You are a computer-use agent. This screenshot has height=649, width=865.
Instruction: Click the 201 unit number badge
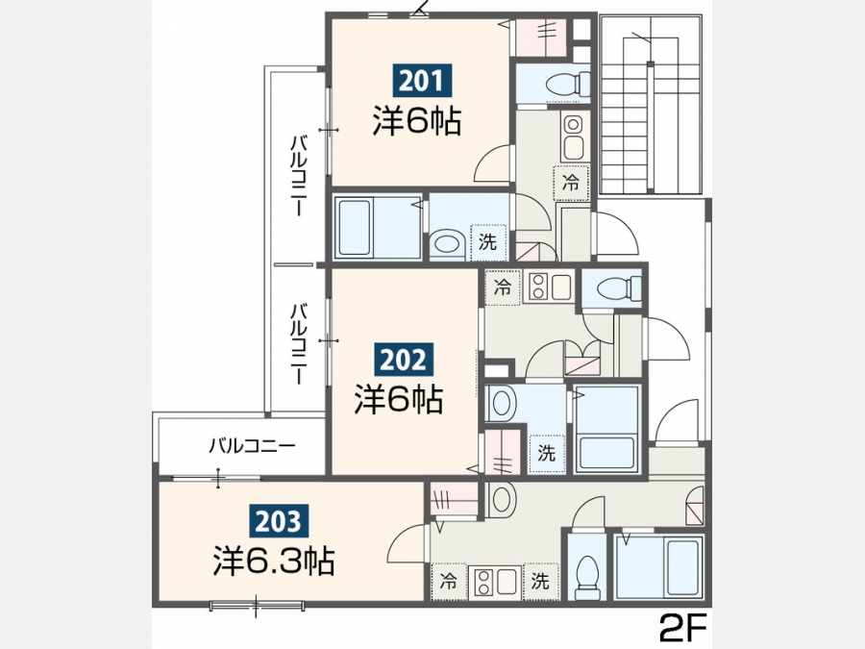tap(422, 81)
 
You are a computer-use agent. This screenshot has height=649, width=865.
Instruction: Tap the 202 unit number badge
tap(404, 361)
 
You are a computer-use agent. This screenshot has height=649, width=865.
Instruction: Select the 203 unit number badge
tap(278, 521)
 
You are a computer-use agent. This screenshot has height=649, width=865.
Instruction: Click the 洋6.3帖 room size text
tap(274, 561)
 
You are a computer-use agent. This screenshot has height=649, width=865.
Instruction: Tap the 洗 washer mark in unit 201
tap(487, 241)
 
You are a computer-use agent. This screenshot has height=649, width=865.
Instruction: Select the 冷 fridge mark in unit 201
tap(571, 182)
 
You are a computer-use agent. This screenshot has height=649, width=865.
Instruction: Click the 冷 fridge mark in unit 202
tap(502, 287)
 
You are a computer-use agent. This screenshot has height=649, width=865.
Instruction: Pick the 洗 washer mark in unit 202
tap(546, 453)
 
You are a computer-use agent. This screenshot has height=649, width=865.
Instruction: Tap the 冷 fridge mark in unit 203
tap(449, 581)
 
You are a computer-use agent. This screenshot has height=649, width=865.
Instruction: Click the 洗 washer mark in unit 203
tap(540, 581)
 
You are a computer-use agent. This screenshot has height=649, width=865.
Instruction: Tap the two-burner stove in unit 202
tap(550, 287)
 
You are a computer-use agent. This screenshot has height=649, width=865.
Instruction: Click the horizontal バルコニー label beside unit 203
tap(252, 445)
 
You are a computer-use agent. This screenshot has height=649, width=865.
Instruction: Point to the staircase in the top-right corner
tap(651, 105)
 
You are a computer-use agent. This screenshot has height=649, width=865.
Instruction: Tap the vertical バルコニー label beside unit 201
tap(299, 176)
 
